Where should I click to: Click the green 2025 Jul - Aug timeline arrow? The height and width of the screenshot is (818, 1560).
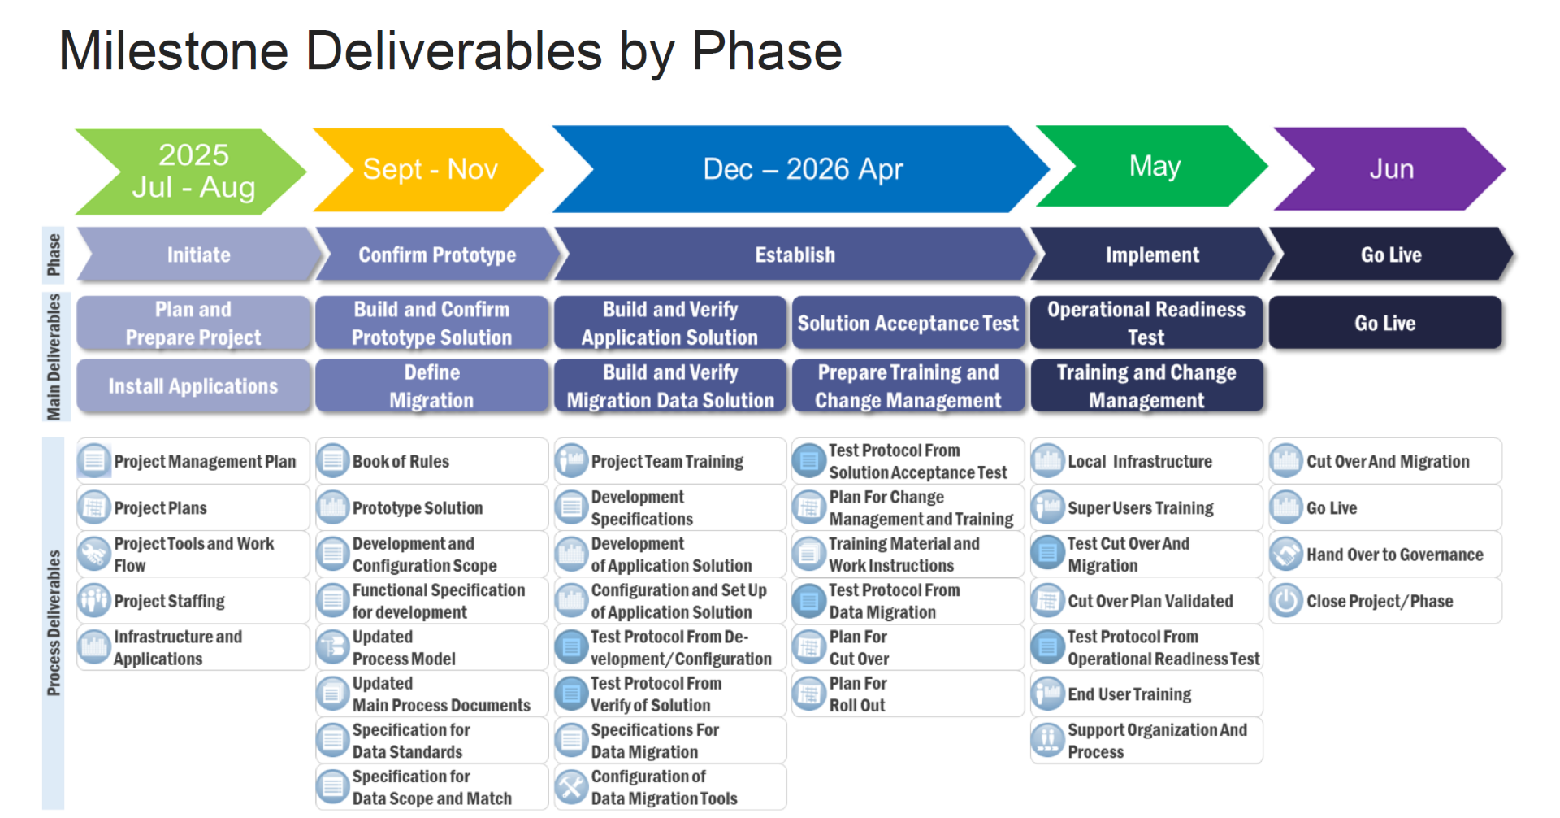(192, 172)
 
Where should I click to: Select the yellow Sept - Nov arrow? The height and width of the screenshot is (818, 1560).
(428, 170)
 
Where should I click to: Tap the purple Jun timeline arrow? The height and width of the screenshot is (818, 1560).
(1390, 169)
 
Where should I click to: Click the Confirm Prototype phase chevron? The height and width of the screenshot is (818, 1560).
(437, 255)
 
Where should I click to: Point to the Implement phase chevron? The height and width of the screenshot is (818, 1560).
(1152, 255)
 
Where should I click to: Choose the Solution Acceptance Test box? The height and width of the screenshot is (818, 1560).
(908, 323)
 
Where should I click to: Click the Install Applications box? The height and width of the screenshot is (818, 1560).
(193, 386)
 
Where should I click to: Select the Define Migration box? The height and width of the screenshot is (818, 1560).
(431, 386)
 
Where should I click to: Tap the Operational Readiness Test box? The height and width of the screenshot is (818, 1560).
(1146, 323)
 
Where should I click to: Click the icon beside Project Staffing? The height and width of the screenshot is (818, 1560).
(94, 601)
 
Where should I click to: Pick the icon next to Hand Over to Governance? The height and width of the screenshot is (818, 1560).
(1287, 555)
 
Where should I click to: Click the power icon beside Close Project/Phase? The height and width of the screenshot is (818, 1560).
(1287, 601)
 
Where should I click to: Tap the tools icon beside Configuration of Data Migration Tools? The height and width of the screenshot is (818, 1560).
(572, 787)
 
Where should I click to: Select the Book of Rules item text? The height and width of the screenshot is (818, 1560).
(401, 461)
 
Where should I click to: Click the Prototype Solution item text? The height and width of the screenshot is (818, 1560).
(418, 508)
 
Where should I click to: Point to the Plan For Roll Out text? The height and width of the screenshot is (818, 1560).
(858, 694)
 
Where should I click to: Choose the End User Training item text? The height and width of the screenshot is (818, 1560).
(1129, 694)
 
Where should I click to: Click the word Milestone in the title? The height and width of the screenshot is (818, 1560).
(174, 50)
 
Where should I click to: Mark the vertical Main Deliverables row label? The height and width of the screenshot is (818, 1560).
(54, 356)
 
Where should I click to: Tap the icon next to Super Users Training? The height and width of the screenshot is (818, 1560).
(1048, 508)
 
